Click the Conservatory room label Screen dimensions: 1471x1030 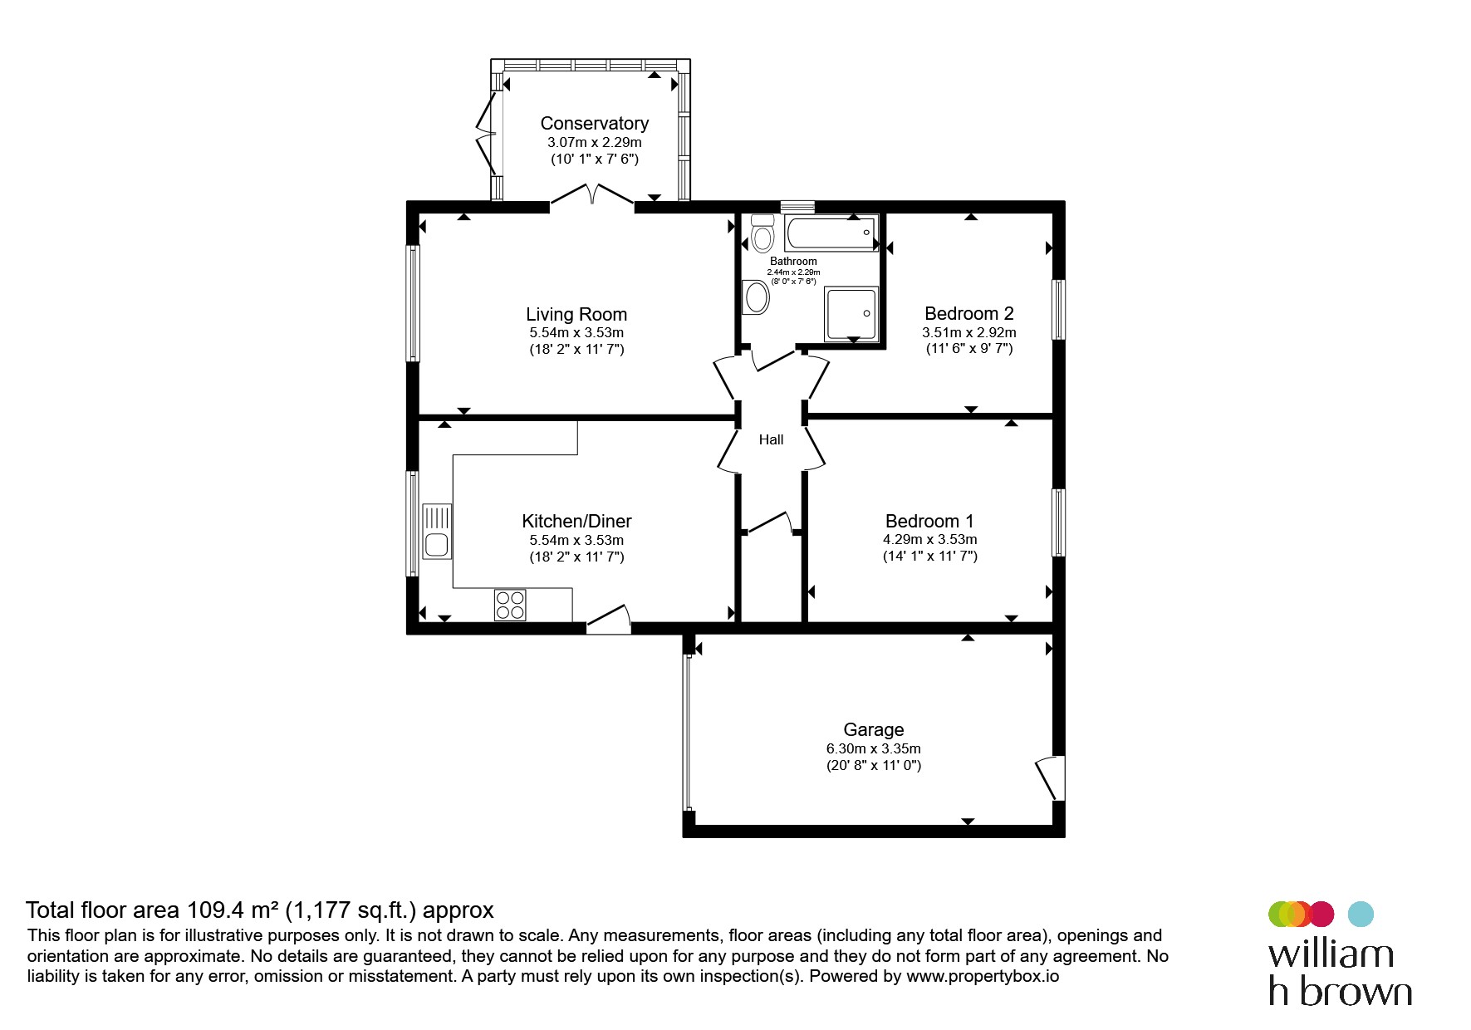point(594,123)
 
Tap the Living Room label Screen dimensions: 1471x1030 point(576,314)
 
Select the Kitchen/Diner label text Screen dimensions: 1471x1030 point(576,521)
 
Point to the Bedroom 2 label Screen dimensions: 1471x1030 point(969,313)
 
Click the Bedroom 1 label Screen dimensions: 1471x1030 point(929,521)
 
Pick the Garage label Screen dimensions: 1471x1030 point(873,729)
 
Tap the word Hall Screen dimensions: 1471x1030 point(771,439)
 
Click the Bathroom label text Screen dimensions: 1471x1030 point(793,261)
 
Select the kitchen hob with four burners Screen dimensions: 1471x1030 point(510,605)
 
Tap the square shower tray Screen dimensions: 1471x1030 point(851,313)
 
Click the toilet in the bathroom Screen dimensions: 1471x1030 point(762,233)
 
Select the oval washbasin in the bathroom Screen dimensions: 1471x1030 point(757,297)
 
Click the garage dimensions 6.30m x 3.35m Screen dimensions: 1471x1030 point(873,748)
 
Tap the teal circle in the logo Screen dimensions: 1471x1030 point(1361,914)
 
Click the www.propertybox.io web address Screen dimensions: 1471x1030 point(983,976)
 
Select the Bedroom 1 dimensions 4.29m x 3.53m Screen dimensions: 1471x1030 point(929,540)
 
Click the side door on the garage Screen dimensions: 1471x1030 point(1051,777)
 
